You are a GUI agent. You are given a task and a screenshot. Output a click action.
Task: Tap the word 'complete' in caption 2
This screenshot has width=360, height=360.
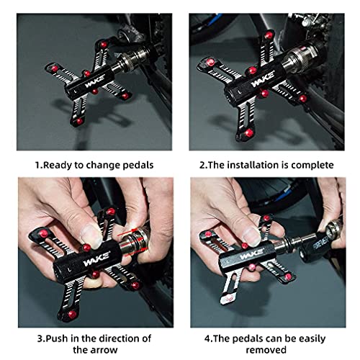tap(311, 165)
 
